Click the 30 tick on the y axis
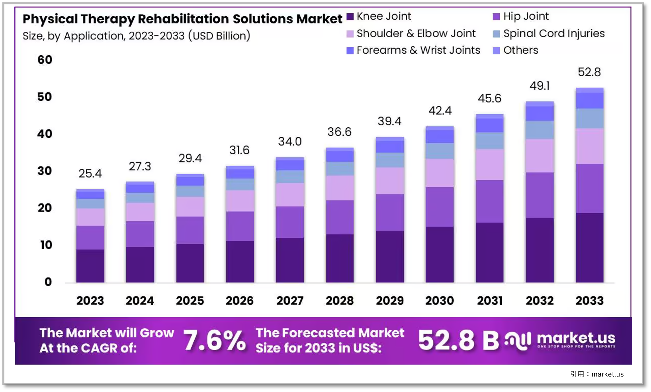click(x=45, y=171)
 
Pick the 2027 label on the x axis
click(x=290, y=301)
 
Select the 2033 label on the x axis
click(x=589, y=301)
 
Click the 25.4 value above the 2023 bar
click(x=90, y=173)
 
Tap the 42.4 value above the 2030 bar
click(x=440, y=110)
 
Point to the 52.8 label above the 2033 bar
click(x=589, y=72)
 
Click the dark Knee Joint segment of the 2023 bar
click(x=90, y=265)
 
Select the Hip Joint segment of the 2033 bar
click(x=589, y=188)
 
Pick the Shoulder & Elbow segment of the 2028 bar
click(x=340, y=188)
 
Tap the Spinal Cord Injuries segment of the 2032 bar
click(x=540, y=130)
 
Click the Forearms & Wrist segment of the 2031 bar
click(x=490, y=125)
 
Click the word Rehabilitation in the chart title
click(x=183, y=19)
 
